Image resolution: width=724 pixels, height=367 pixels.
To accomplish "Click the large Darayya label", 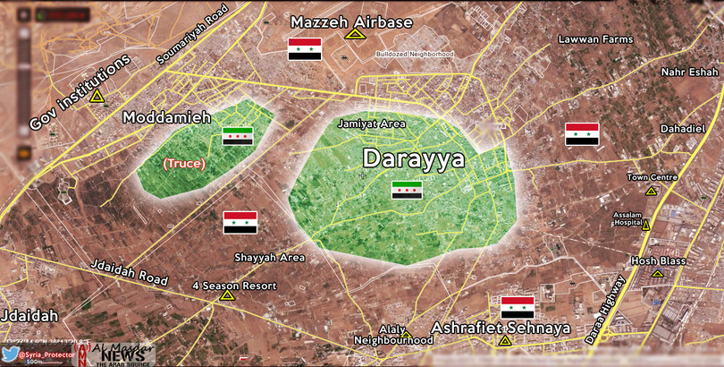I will click(x=413, y=159).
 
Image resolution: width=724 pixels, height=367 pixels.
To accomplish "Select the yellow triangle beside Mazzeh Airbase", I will click(x=355, y=34).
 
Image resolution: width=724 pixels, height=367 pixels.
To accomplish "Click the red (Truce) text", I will click(x=183, y=164).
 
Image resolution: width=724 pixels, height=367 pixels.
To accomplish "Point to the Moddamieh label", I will click(x=166, y=117).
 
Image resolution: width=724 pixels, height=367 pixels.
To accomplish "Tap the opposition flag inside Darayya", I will click(x=407, y=190).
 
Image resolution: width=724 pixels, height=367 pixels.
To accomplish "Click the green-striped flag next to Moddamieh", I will click(x=238, y=136).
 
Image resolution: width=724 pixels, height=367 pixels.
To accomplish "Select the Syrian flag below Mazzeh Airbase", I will click(x=304, y=50).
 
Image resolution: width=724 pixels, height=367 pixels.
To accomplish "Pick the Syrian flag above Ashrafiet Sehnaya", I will click(x=517, y=307).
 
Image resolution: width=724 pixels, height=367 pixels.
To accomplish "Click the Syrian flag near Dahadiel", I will click(x=582, y=134).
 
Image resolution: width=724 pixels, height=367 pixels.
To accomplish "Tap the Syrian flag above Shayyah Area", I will click(x=240, y=223).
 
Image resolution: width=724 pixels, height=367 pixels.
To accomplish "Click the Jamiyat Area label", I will click(x=365, y=124).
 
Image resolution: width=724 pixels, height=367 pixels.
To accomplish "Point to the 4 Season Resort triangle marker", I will click(x=227, y=295).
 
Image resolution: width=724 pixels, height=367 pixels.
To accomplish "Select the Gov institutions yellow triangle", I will click(x=97, y=97).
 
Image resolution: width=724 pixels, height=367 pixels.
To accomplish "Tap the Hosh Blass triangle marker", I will click(x=658, y=275).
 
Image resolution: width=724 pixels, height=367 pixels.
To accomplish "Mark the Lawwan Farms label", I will click(x=594, y=39).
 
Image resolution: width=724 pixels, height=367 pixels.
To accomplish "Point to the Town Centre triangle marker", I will click(x=651, y=191).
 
